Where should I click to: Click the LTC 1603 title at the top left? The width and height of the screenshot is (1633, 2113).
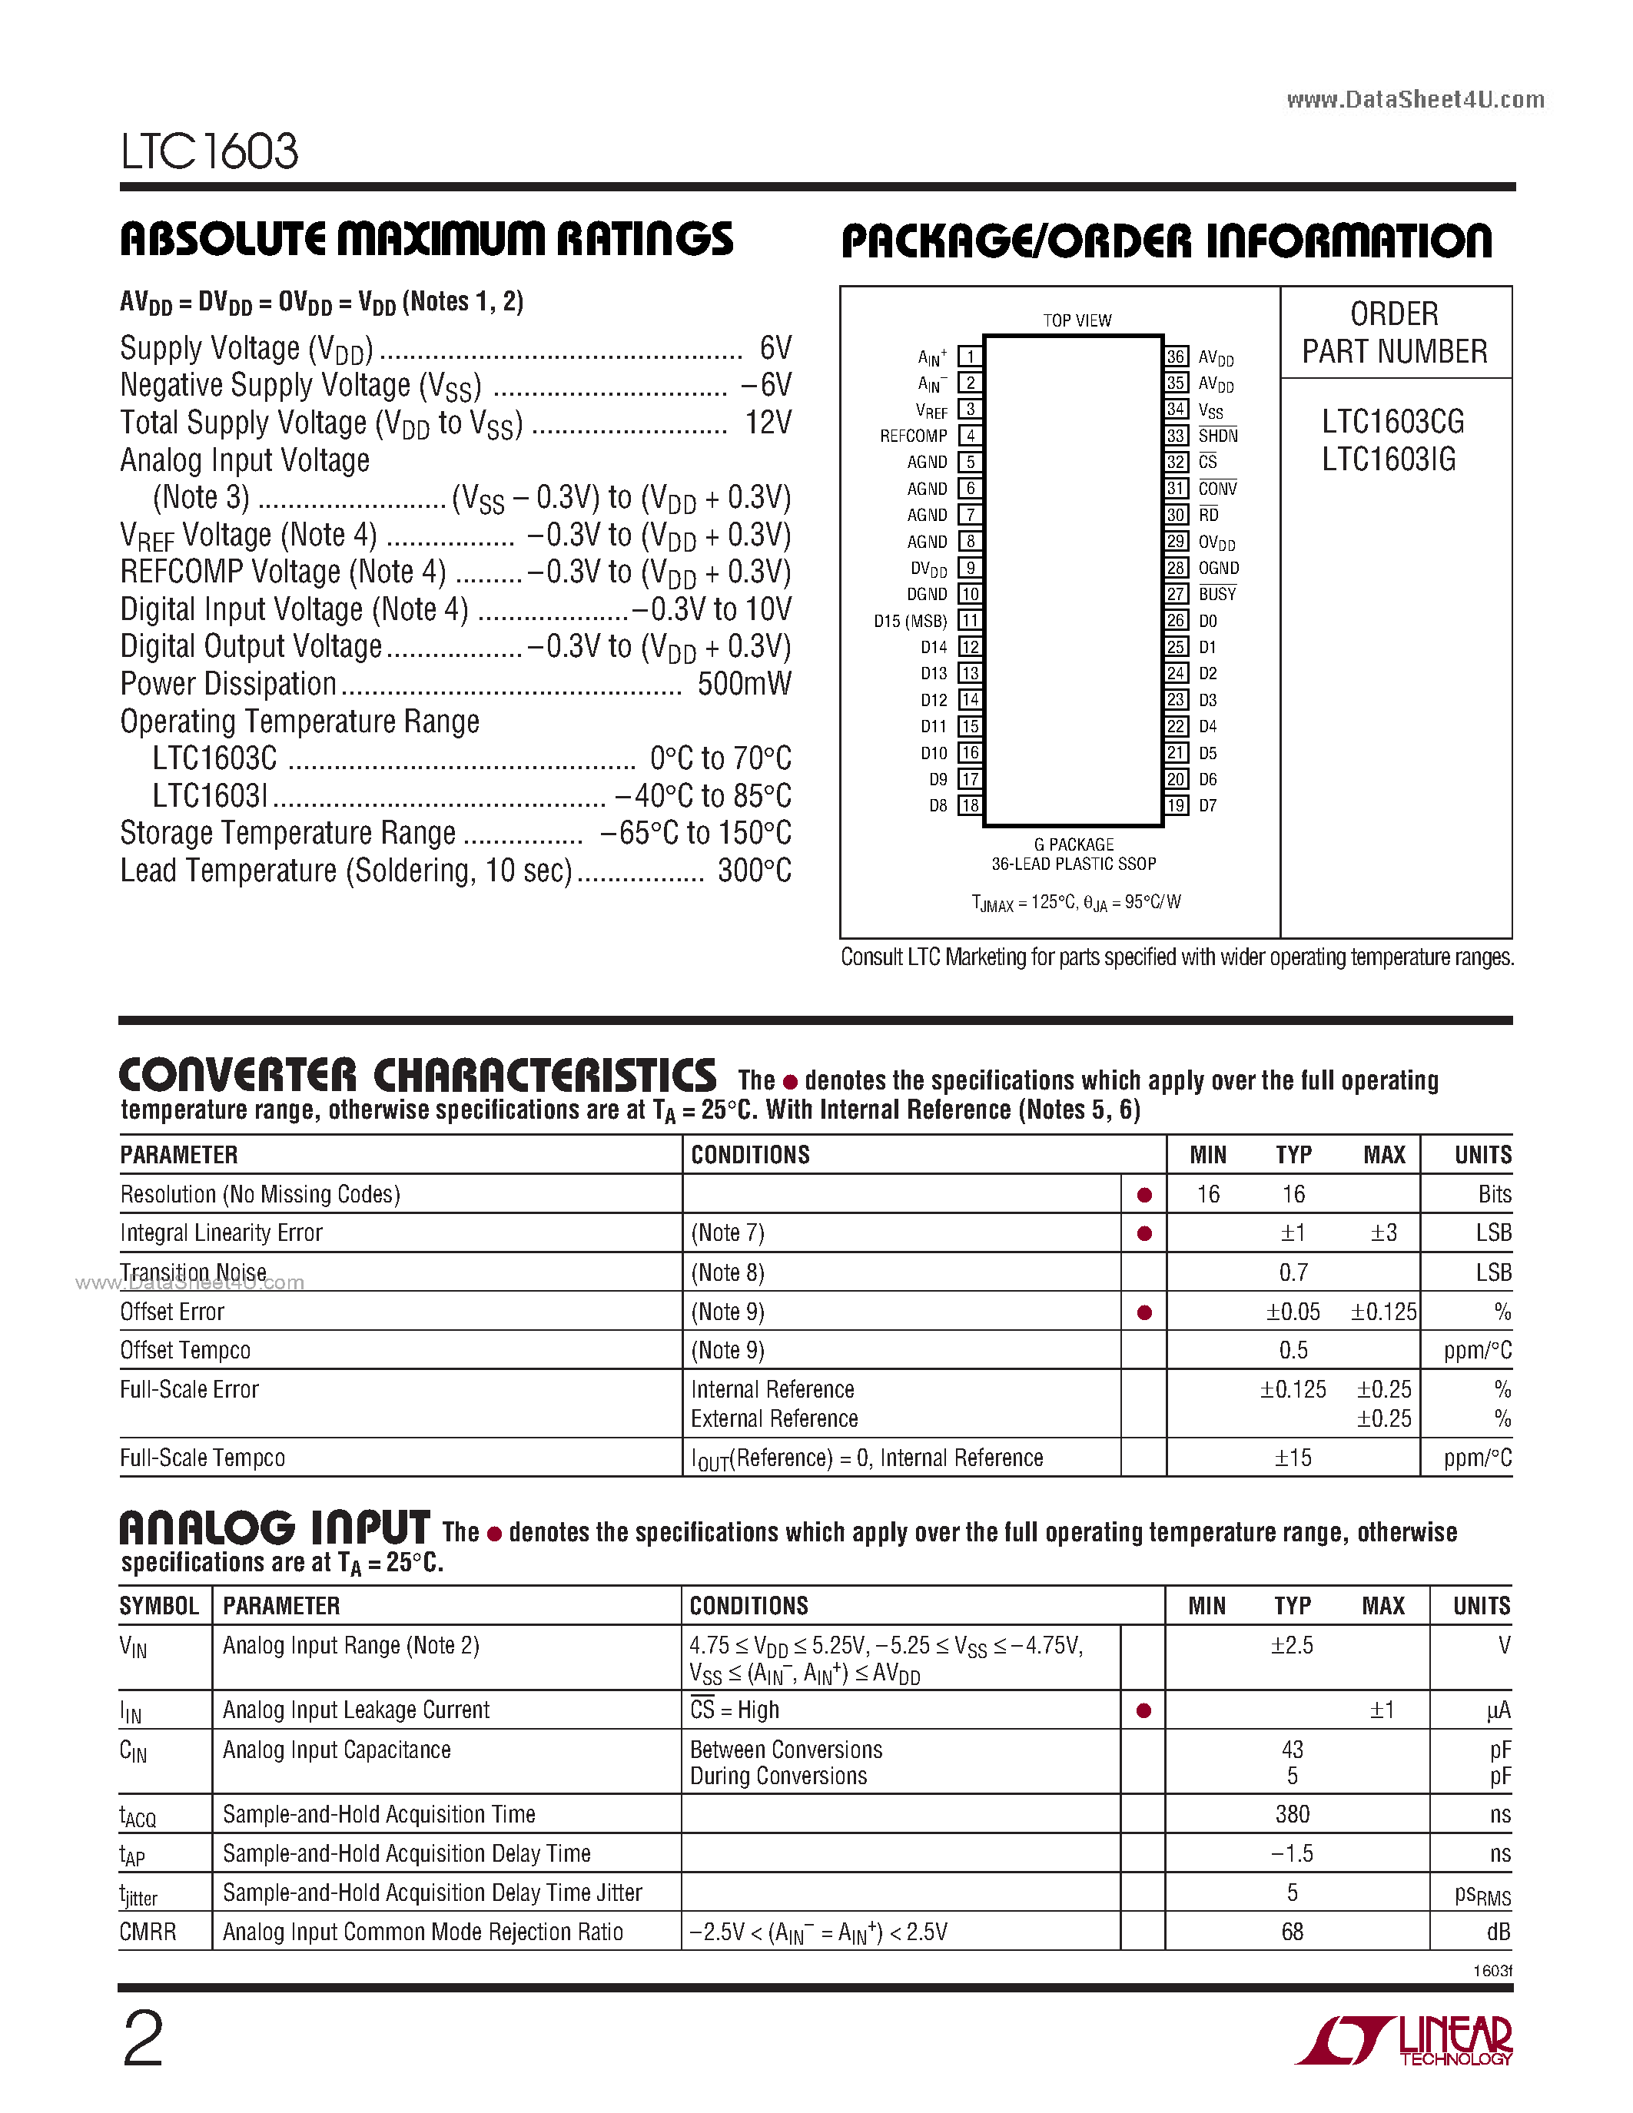[209, 152]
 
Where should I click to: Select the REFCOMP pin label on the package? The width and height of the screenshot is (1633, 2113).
[912, 436]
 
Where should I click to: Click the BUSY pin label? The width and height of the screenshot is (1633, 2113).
[1217, 594]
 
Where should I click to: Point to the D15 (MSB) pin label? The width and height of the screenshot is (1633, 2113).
[909, 621]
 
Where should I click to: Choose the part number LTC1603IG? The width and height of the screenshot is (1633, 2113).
[1389, 459]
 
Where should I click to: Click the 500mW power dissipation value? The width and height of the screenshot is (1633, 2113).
[744, 684]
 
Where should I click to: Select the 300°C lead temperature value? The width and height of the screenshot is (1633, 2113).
[754, 871]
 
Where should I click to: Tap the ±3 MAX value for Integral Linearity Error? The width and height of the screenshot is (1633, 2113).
[1383, 1232]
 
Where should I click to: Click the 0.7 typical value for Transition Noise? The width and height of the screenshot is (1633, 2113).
[1293, 1272]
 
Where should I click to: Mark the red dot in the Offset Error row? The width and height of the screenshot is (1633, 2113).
[1144, 1313]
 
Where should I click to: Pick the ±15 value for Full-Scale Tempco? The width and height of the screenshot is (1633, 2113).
[1293, 1458]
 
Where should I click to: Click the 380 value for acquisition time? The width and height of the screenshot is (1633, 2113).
[1293, 1814]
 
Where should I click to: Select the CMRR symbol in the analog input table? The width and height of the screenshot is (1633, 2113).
[148, 1932]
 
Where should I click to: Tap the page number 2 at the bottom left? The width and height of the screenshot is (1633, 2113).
[143, 2039]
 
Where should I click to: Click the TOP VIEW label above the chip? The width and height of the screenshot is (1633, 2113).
[1077, 320]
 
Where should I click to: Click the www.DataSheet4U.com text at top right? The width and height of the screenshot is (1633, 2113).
[1416, 100]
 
